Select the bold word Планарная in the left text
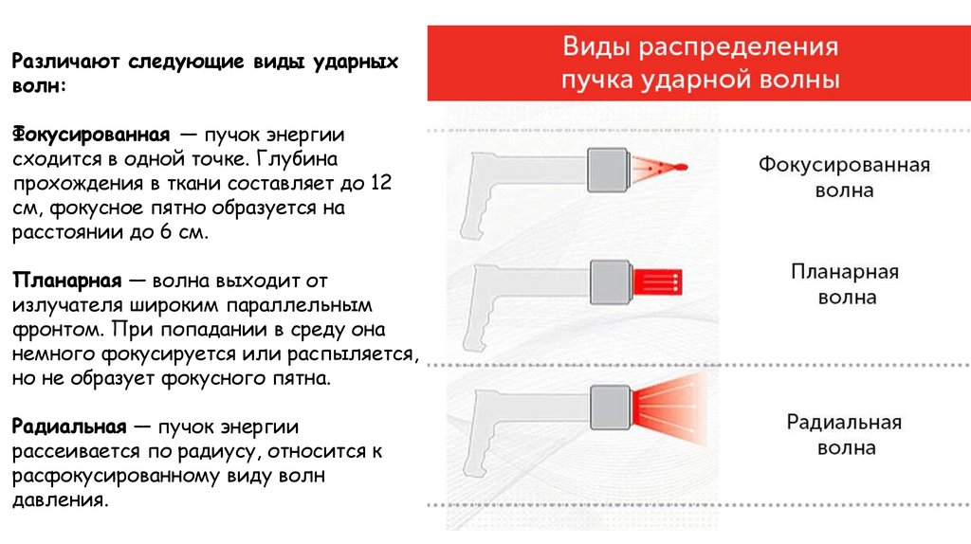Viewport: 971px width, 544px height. pyautogui.click(x=64, y=281)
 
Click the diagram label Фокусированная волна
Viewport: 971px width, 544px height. pyautogui.click(x=843, y=177)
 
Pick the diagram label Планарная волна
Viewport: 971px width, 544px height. pyautogui.click(x=844, y=284)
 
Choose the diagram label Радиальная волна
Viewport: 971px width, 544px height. pyautogui.click(x=844, y=435)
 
